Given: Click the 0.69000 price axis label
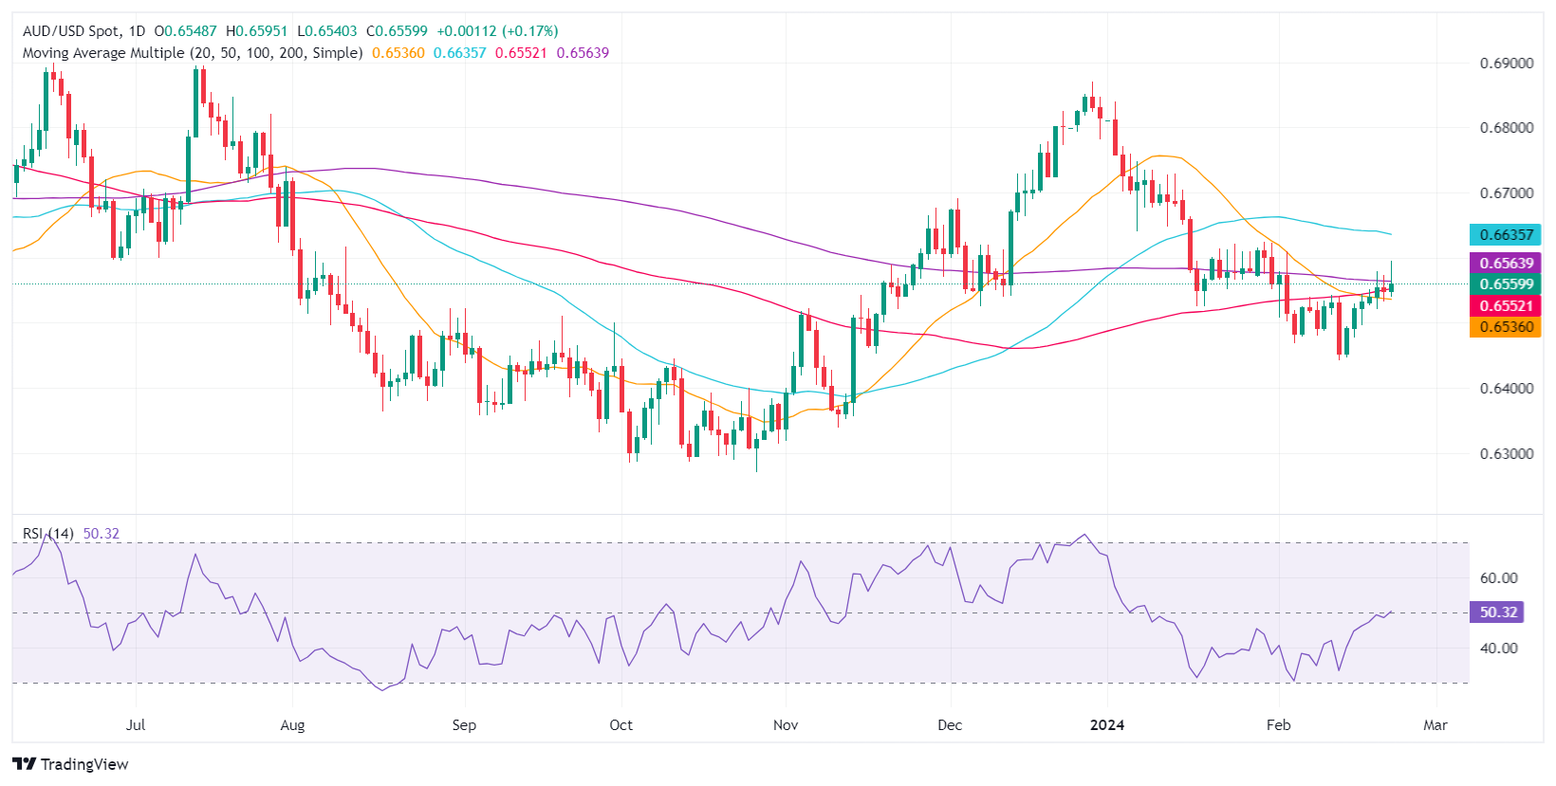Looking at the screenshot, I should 1507,64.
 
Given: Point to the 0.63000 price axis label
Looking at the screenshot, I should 1507,453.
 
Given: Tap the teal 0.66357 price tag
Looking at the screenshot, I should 1506,234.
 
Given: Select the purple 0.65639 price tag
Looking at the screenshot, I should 1506,264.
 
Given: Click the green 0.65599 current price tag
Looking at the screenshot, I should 1506,284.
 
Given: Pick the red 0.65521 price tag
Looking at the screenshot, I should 1506,305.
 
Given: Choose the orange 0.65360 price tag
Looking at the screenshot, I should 1506,327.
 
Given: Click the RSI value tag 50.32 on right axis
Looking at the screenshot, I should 1498,612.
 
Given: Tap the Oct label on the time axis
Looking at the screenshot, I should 621,725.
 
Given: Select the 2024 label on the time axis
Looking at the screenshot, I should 1106,725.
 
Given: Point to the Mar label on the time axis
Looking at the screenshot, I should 1436,725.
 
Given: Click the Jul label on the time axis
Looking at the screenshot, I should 136,725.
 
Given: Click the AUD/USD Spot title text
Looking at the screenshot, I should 72,31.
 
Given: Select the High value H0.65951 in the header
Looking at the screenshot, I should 256,31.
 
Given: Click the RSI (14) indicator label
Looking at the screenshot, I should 47,534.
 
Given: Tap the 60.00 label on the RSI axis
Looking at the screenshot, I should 1499,578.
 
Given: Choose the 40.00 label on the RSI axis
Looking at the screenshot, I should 1499,649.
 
